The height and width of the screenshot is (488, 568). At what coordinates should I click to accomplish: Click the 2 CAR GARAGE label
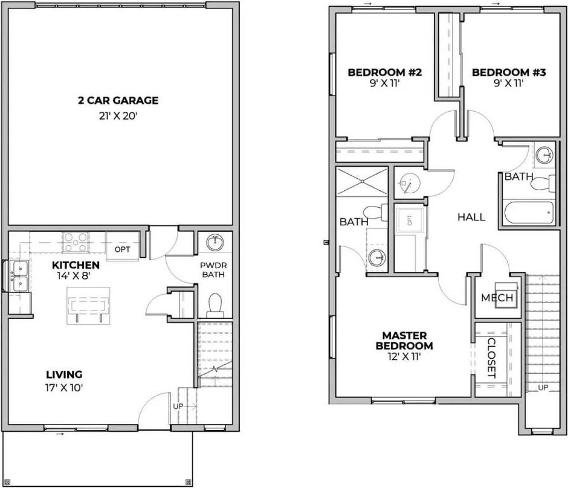(x=118, y=100)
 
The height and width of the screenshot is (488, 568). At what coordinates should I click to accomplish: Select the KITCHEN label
(x=76, y=265)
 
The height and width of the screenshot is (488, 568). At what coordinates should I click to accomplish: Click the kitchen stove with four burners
(x=76, y=242)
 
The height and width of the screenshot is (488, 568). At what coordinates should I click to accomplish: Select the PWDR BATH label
(x=213, y=270)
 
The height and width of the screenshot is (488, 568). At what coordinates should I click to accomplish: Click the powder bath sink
(x=215, y=243)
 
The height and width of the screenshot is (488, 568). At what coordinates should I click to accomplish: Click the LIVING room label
(x=64, y=374)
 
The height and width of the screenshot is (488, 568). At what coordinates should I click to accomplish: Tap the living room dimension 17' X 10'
(x=64, y=387)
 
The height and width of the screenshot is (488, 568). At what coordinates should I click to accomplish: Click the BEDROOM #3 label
(x=509, y=72)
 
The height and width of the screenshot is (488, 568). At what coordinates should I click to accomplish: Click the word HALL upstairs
(x=471, y=217)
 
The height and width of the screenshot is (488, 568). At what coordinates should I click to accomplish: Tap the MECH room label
(x=497, y=298)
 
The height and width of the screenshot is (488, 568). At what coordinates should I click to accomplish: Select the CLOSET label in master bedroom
(x=490, y=358)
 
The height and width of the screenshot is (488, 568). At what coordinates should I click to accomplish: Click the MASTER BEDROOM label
(x=404, y=341)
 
